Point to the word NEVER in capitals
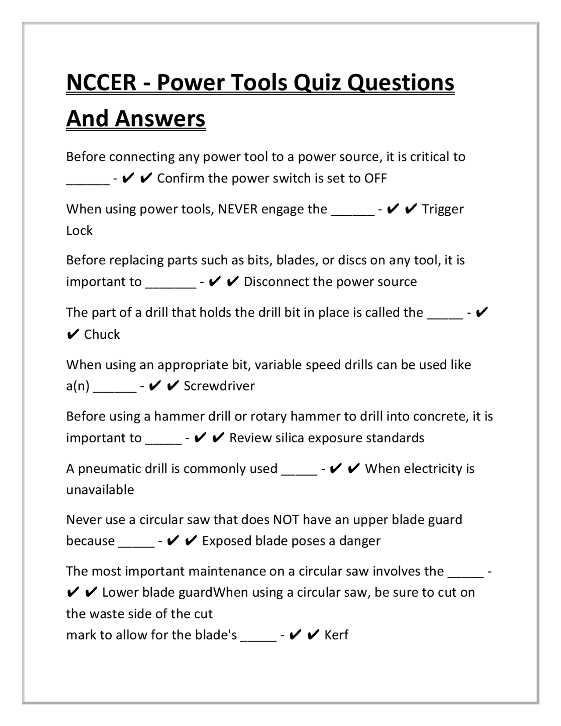238,209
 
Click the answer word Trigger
443,209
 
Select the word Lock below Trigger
79,231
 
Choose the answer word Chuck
102,335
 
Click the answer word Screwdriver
219,386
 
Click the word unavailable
100,490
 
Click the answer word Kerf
336,635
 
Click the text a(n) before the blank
78,386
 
